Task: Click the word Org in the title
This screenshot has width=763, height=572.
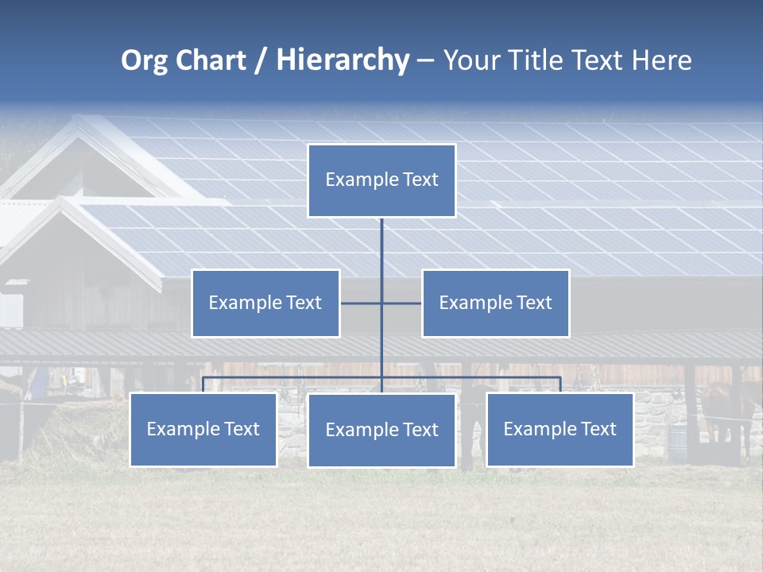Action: pyautogui.click(x=144, y=60)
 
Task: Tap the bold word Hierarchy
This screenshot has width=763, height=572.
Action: pyautogui.click(x=343, y=60)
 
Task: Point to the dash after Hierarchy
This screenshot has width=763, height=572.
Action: pyautogui.click(x=425, y=61)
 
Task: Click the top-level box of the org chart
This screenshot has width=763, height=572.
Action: pyautogui.click(x=381, y=180)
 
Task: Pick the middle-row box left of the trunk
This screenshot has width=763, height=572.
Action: pyautogui.click(x=265, y=303)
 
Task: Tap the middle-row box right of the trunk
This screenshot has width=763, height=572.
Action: pyautogui.click(x=495, y=303)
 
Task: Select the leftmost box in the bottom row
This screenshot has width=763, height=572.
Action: pyautogui.click(x=203, y=429)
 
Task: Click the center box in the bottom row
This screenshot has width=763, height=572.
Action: pyautogui.click(x=381, y=430)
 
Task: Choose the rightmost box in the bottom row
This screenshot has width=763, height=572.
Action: pyautogui.click(x=560, y=429)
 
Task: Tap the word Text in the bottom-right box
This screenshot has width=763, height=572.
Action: pyautogui.click(x=597, y=429)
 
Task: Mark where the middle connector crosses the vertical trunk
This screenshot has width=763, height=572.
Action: pyautogui.click(x=381, y=303)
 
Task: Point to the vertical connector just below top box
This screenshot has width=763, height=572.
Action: pyautogui.click(x=381, y=238)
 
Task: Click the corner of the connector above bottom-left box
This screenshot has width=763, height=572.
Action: pyautogui.click(x=203, y=378)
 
